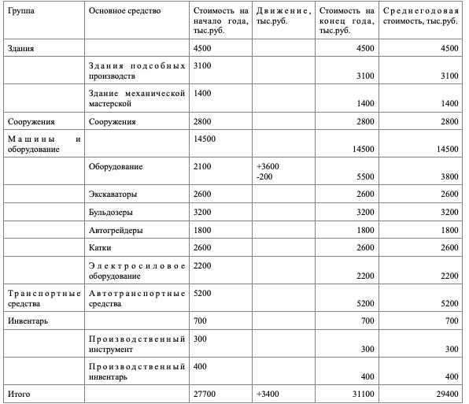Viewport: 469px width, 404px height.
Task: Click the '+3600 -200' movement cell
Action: pos(268,172)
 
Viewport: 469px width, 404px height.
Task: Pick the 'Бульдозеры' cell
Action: pos(111,213)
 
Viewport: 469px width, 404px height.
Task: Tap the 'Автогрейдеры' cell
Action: pos(116,230)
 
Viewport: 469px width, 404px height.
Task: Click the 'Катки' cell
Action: pos(100,249)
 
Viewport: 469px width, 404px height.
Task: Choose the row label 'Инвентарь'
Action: pos(26,321)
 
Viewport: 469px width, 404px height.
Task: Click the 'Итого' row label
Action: pos(19,391)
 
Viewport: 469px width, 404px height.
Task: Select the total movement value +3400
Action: pos(268,391)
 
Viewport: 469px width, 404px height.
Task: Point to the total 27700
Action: pos(204,391)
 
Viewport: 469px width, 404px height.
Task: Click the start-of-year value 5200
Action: pos(201,293)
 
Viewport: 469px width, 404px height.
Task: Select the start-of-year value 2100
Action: pos(201,167)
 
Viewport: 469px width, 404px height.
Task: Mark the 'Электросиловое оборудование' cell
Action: pos(137,271)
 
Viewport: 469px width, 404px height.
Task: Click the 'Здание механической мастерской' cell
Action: pos(137,98)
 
